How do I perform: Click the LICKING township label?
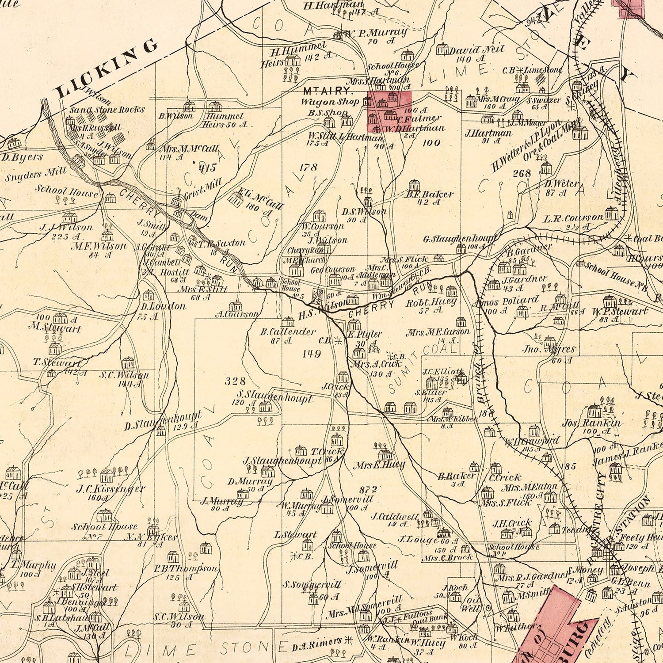click(106, 69)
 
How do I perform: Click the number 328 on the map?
click(235, 381)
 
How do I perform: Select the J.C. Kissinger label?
click(110, 489)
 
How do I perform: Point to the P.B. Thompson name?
click(186, 568)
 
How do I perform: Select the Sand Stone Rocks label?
click(107, 109)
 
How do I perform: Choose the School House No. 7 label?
click(105, 530)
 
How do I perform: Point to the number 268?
click(522, 173)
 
